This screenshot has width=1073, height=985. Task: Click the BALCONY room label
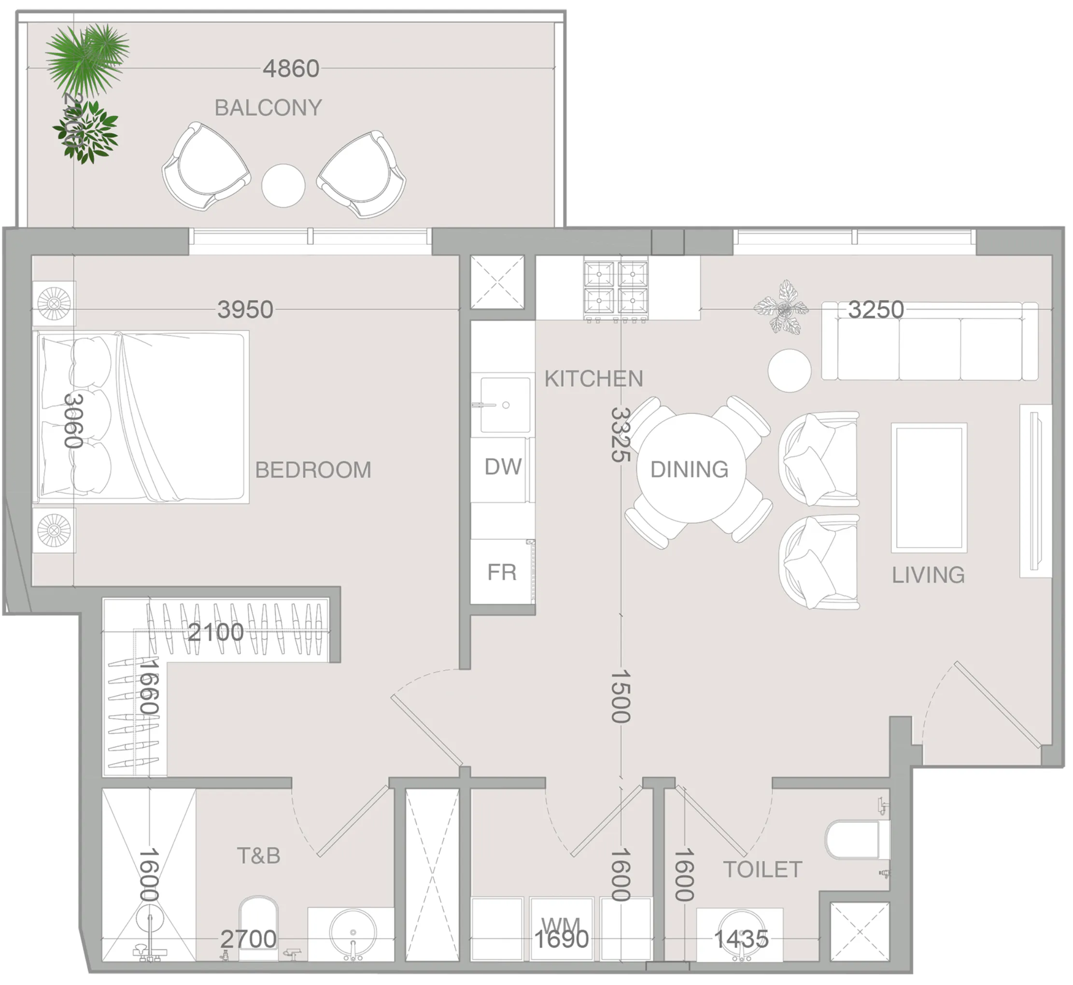(x=268, y=108)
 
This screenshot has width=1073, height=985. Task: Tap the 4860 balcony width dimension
(x=291, y=69)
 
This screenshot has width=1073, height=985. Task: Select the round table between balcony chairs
(x=283, y=185)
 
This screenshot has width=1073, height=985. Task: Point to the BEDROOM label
(x=313, y=470)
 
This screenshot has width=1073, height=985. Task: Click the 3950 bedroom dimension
(x=245, y=310)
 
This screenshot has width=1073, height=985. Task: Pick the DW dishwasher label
(x=503, y=467)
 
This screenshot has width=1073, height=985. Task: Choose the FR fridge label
(x=502, y=573)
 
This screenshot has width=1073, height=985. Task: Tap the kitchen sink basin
(x=505, y=405)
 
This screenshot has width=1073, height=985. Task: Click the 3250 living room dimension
(x=876, y=310)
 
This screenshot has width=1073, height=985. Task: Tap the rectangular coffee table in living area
(x=929, y=487)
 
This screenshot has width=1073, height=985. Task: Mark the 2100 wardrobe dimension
(x=216, y=633)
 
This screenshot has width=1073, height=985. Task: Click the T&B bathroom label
(x=258, y=856)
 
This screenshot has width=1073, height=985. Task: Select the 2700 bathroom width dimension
(x=248, y=939)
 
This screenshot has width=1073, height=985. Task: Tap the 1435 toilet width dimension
(x=741, y=939)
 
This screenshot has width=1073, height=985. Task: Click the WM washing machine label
(x=560, y=925)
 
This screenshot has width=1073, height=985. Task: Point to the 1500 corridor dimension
(x=621, y=696)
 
